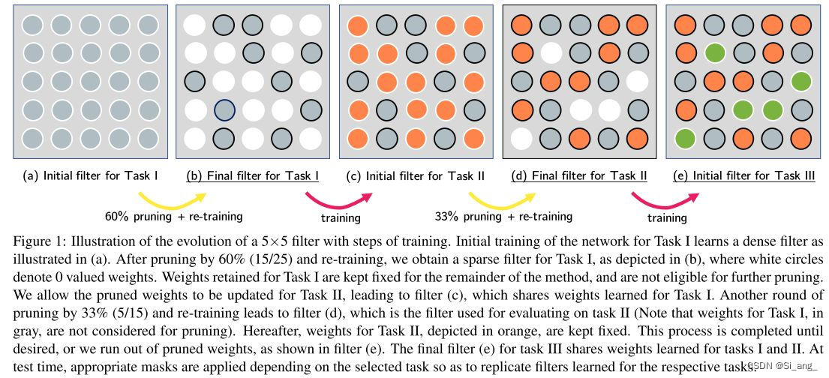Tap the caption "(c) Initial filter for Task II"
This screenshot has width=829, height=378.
416,177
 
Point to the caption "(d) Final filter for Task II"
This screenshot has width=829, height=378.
579,177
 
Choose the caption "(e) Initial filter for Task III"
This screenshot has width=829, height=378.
742,177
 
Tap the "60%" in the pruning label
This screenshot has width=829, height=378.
118,217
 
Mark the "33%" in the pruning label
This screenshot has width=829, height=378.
448,217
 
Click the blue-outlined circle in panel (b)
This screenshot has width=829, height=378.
224,111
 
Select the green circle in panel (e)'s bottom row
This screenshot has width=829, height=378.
684,139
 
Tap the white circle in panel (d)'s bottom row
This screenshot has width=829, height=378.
522,139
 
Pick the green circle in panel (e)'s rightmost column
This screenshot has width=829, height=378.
800,81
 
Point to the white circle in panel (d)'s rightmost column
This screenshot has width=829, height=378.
637,81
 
